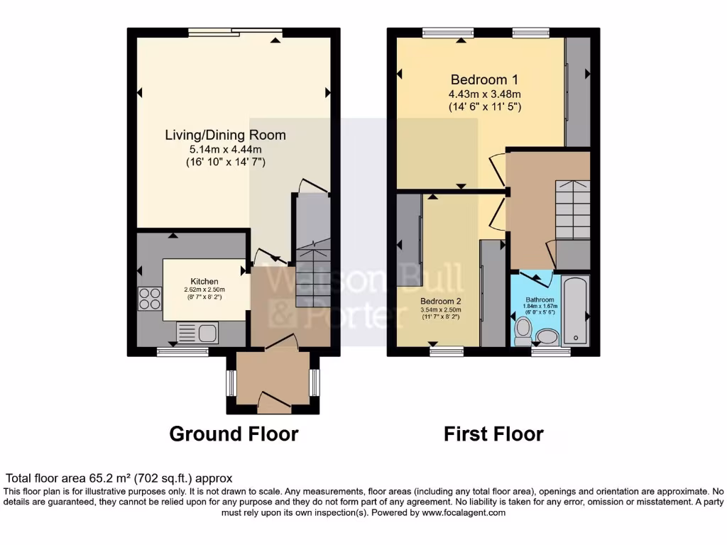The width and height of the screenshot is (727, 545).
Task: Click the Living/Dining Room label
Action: [225, 135]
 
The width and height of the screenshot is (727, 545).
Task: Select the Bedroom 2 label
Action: [440, 301]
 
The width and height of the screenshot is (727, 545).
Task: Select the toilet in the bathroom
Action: [524, 329]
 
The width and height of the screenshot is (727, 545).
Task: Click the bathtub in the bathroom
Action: [575, 310]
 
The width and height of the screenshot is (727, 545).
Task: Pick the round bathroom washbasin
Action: [547, 335]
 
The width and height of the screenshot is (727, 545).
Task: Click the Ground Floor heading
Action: [234, 434]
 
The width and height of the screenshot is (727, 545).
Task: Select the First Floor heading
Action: [493, 434]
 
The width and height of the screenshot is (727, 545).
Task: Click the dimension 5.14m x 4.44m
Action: [225, 149]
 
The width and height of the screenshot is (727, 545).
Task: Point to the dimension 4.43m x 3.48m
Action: [484, 94]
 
